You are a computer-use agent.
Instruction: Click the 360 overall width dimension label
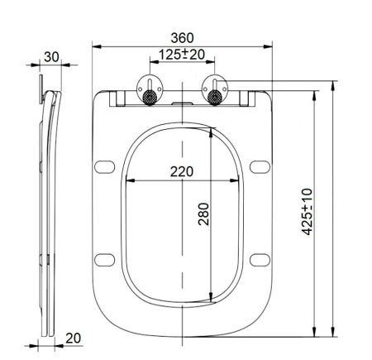[182, 38]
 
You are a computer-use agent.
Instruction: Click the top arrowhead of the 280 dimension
[214, 130]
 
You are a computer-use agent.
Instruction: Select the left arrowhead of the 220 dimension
[124, 180]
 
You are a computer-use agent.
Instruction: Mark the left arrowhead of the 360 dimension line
[93, 46]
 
